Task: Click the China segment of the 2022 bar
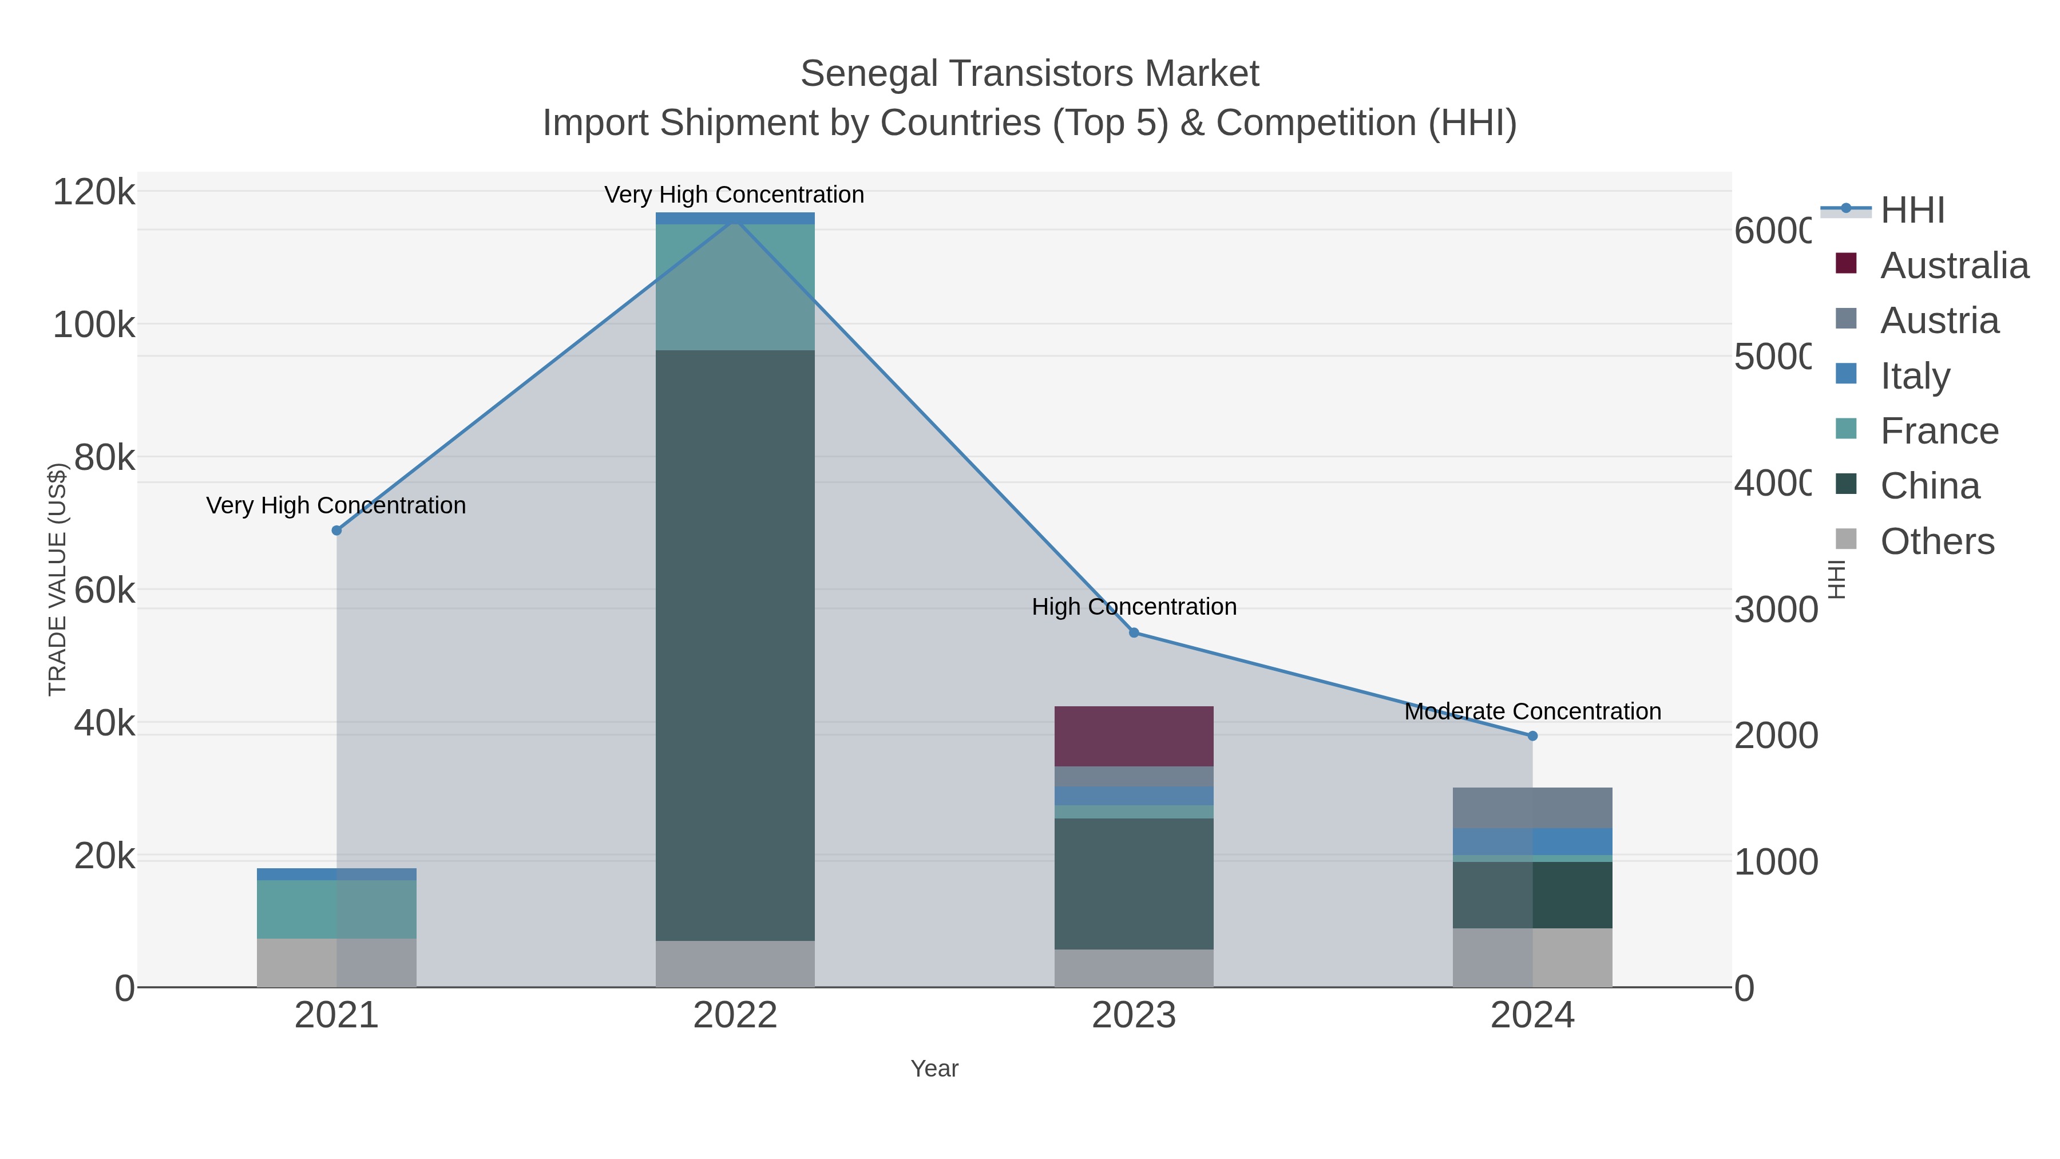coord(734,644)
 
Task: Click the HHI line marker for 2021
coord(336,531)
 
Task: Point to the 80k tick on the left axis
coord(104,458)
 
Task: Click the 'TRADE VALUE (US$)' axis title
coord(58,579)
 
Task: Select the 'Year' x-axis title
coord(933,1069)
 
